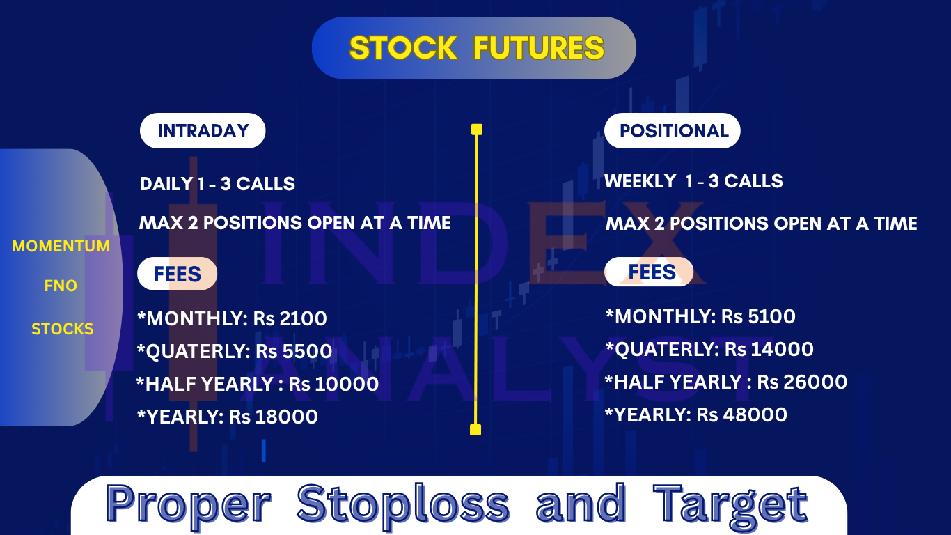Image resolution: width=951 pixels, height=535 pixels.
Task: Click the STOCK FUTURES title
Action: click(476, 47)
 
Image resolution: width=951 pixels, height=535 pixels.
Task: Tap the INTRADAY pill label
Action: click(203, 131)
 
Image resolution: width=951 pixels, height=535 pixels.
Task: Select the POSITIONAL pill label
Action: click(673, 131)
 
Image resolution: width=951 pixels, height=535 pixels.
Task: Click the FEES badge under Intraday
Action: click(177, 274)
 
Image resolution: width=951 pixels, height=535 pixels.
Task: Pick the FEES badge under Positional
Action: click(649, 272)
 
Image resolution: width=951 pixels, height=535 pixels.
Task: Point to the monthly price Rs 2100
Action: click(290, 319)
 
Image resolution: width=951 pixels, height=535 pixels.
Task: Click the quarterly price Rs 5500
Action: click(294, 351)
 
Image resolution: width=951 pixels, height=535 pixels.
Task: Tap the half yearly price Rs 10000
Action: click(333, 384)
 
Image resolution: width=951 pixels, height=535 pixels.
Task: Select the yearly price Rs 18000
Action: click(274, 417)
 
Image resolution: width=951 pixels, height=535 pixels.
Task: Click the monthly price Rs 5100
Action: click(758, 316)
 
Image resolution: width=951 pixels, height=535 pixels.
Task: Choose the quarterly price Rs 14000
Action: click(769, 349)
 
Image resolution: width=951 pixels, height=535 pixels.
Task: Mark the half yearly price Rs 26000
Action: click(802, 382)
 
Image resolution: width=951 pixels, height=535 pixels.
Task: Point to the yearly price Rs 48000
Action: click(742, 414)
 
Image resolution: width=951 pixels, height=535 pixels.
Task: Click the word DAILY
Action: click(166, 184)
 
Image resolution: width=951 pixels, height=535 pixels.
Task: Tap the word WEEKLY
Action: click(640, 181)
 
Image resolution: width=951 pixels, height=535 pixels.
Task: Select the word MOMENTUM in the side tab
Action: click(61, 246)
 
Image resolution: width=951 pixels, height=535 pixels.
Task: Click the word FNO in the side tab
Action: click(61, 286)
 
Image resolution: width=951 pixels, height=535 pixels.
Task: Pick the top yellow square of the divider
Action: click(477, 130)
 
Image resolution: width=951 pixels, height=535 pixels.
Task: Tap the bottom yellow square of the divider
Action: click(475, 430)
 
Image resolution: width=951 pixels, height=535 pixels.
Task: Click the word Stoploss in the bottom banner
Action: click(403, 504)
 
